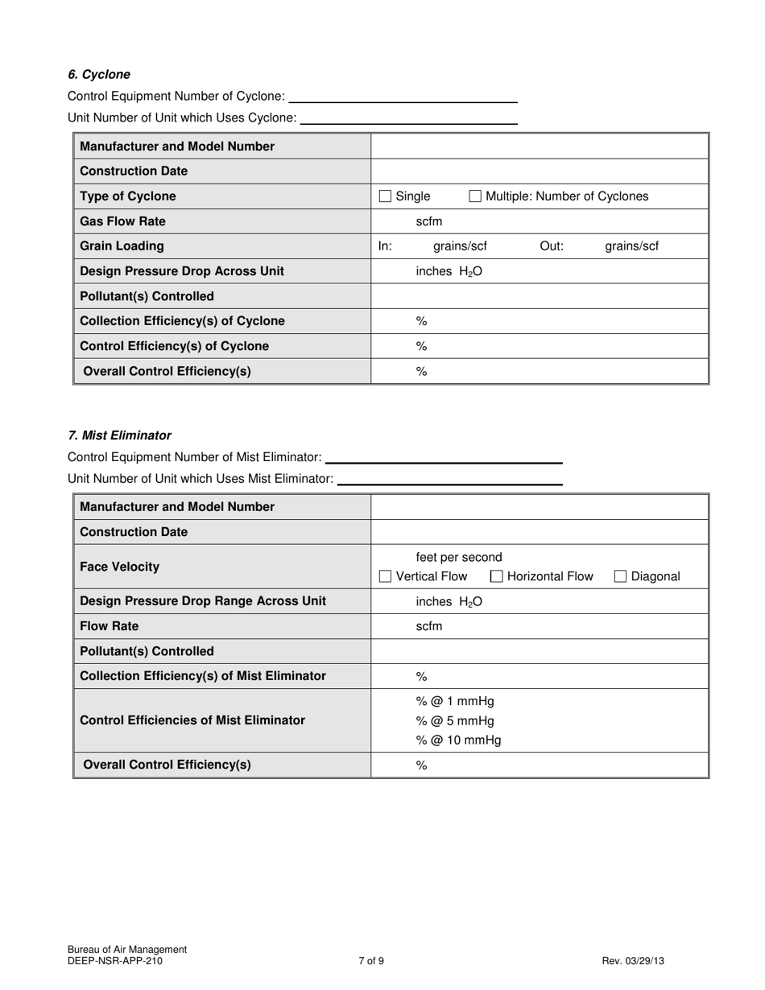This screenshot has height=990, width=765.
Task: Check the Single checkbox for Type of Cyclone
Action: click(386, 196)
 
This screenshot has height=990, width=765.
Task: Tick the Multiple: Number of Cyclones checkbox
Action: click(475, 196)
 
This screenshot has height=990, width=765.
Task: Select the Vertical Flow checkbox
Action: click(386, 576)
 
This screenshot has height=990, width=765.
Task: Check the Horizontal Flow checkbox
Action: click(497, 576)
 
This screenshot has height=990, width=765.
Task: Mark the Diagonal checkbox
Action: click(621, 576)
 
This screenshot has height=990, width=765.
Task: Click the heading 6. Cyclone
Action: click(99, 75)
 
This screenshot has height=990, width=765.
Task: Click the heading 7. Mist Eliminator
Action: click(120, 435)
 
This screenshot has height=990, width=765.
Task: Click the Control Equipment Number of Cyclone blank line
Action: click(403, 97)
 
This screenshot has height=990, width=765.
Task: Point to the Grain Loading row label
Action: click(122, 246)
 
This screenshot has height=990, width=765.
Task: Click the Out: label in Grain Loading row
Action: click(552, 246)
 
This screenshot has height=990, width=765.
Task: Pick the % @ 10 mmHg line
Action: click(458, 740)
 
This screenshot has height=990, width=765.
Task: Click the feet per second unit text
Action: click(459, 557)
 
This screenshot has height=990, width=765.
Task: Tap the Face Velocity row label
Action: click(120, 567)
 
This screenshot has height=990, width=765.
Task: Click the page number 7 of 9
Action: click(371, 960)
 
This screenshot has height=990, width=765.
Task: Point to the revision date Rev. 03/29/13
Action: click(633, 960)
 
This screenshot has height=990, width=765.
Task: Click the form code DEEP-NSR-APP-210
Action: click(115, 960)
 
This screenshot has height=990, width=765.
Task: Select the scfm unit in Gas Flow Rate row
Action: click(429, 221)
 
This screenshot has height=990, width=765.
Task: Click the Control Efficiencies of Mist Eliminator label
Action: click(192, 720)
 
